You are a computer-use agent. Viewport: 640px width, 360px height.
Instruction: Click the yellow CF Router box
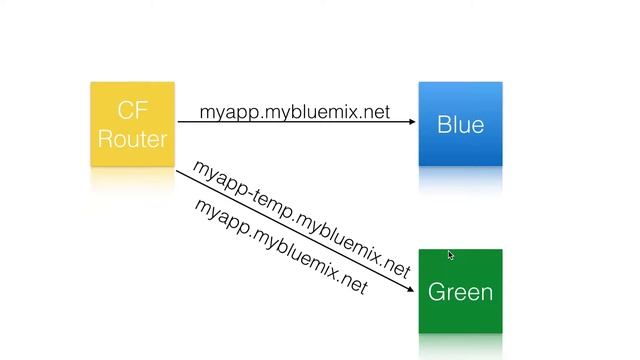click(132, 123)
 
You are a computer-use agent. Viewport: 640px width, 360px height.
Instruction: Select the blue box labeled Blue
click(460, 123)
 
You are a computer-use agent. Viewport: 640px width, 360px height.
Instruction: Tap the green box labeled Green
click(460, 291)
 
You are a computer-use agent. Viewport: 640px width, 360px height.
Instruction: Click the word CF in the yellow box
click(132, 109)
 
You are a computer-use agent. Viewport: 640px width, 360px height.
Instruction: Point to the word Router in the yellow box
click(132, 138)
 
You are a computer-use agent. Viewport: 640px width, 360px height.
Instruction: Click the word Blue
click(460, 125)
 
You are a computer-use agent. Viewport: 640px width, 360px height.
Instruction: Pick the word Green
click(460, 292)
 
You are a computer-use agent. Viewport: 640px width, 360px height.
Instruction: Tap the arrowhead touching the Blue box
click(411, 122)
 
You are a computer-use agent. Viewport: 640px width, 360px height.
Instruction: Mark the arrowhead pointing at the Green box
click(410, 289)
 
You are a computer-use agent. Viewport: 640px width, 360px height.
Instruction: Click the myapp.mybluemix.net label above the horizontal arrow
click(294, 112)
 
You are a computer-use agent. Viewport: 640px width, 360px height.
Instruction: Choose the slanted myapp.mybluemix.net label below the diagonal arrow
click(281, 247)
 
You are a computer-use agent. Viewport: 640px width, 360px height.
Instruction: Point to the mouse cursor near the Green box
click(451, 256)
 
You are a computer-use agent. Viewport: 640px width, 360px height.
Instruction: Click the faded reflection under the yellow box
click(132, 180)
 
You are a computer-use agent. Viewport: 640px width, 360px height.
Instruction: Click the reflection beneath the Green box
click(460, 345)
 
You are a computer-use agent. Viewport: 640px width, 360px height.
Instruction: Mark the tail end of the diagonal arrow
click(179, 172)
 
